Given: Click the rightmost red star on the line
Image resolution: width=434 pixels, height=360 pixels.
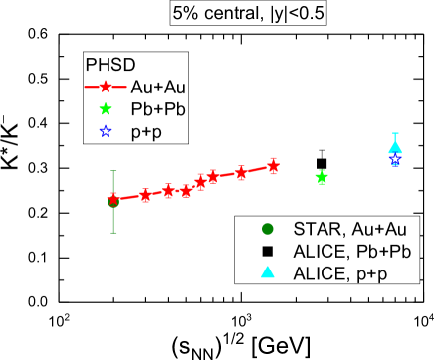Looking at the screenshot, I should point(274,166).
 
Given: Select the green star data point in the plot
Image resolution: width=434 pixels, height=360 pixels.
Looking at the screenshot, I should point(322,177).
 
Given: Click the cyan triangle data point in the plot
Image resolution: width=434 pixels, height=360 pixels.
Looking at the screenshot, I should point(395,149).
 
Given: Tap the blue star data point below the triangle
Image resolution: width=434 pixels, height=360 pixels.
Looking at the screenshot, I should point(395,159).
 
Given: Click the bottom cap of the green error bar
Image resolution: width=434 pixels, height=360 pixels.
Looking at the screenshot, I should point(113,232).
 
